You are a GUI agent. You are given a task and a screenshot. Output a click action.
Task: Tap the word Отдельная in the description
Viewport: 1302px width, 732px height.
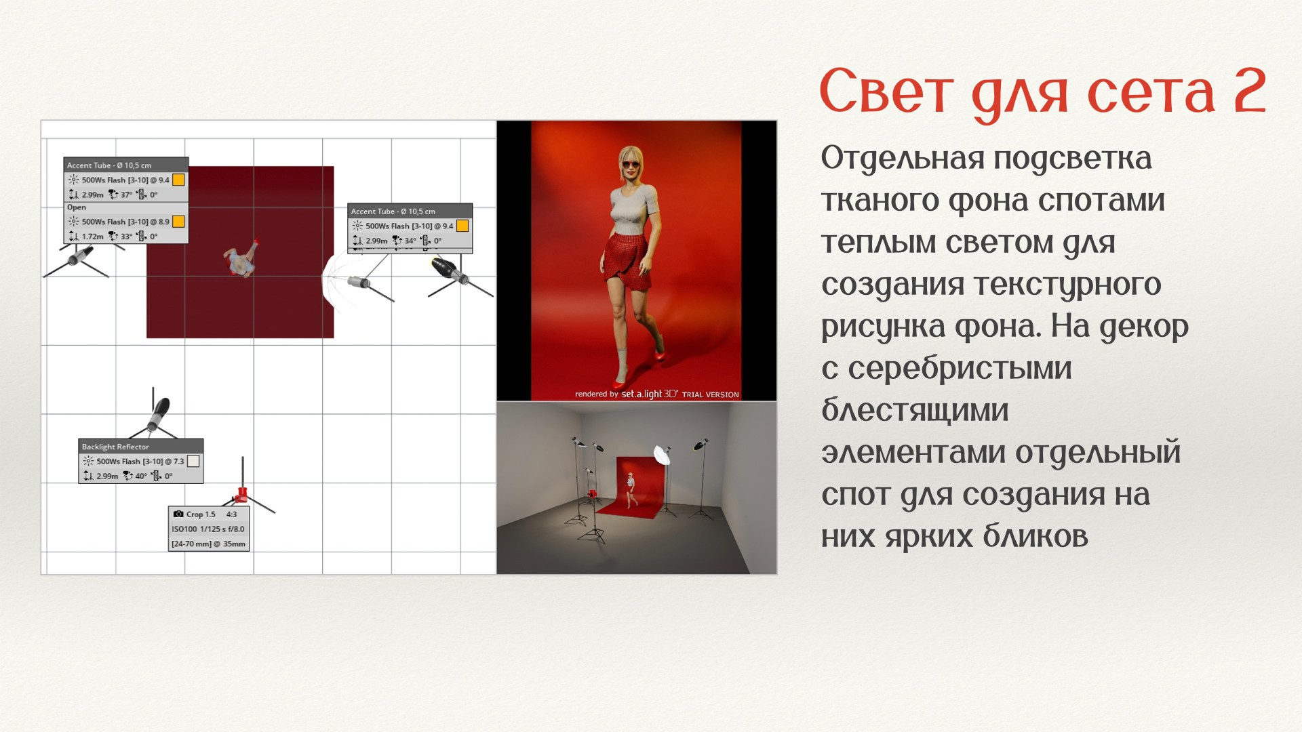click(902, 159)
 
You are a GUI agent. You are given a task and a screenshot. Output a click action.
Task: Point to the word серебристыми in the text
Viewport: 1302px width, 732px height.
click(960, 369)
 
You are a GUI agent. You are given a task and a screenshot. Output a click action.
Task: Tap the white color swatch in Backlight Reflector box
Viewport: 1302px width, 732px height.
click(193, 461)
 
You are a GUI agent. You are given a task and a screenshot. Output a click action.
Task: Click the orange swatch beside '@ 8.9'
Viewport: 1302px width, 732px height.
click(178, 221)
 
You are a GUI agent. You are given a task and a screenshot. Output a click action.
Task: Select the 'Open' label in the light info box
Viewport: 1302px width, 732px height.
click(77, 207)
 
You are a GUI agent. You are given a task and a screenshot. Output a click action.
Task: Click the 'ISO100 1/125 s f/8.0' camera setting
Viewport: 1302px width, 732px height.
click(208, 529)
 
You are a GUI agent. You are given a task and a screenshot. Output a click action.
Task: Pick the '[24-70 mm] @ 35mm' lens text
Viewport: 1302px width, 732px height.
click(208, 544)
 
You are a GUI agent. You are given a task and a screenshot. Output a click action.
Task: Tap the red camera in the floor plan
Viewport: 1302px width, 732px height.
click(241, 493)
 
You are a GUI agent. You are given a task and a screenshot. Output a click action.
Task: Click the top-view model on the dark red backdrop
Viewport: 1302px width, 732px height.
click(241, 258)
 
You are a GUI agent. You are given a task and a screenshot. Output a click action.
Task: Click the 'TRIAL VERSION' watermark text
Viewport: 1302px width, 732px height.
click(710, 394)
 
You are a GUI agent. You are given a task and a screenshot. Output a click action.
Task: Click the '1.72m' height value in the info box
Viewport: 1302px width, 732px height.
click(92, 237)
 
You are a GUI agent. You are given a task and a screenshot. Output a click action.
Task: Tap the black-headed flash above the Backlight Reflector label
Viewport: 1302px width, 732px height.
click(159, 413)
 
